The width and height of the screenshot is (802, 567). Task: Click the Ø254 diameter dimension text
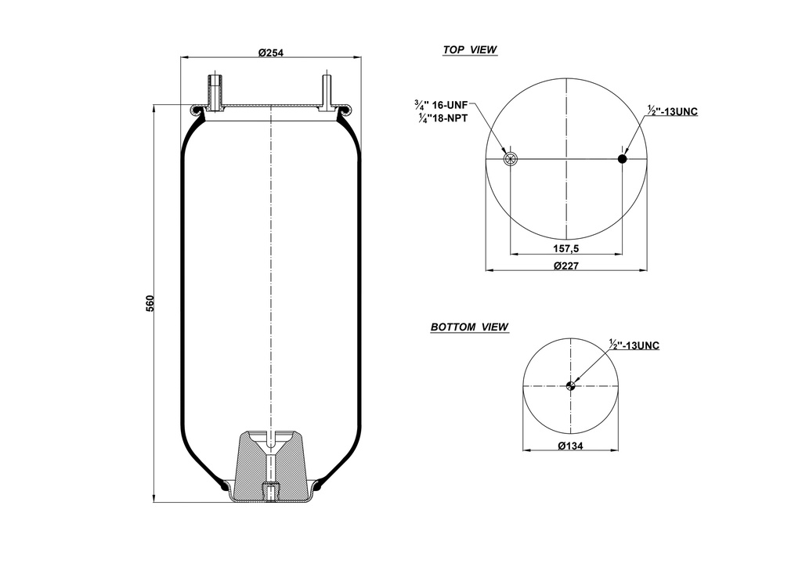pyautogui.click(x=270, y=52)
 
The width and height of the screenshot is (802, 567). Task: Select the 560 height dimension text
pyautogui.click(x=150, y=302)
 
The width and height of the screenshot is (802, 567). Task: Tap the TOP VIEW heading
pyautogui.click(x=470, y=49)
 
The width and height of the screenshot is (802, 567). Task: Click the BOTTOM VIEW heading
pyautogui.click(x=469, y=327)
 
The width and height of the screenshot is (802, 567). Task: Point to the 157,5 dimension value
pyautogui.click(x=565, y=248)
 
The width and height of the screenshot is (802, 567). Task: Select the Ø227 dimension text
pyautogui.click(x=565, y=265)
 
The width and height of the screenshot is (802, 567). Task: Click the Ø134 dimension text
pyautogui.click(x=571, y=446)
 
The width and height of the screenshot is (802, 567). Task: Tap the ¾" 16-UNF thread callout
pyautogui.click(x=441, y=103)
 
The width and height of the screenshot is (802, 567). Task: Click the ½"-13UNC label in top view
pyautogui.click(x=673, y=111)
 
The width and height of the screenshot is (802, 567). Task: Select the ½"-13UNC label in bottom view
pyautogui.click(x=634, y=345)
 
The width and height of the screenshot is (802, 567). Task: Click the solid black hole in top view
pyautogui.click(x=623, y=159)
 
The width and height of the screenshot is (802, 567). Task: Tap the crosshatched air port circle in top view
pyautogui.click(x=511, y=160)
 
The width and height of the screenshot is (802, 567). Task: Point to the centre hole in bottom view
pyautogui.click(x=571, y=385)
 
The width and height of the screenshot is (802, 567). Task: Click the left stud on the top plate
pyautogui.click(x=215, y=92)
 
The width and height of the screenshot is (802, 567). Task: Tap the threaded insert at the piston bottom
pyautogui.click(x=270, y=493)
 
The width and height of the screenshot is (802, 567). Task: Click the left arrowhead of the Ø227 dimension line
pyautogui.click(x=490, y=271)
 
